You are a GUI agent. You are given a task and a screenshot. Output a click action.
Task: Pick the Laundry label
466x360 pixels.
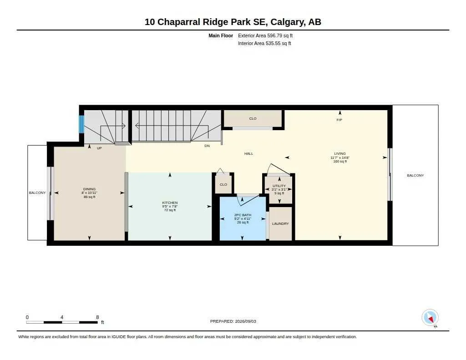pyautogui.click(x=280, y=223)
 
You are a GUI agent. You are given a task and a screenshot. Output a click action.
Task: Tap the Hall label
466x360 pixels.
pyautogui.click(x=249, y=154)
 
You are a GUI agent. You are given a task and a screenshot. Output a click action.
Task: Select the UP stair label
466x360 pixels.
pyautogui.click(x=99, y=148)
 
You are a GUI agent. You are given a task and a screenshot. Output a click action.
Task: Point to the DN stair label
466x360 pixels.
pyautogui.click(x=207, y=146)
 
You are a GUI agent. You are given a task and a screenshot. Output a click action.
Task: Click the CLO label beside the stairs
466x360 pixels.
pyautogui.click(x=253, y=118)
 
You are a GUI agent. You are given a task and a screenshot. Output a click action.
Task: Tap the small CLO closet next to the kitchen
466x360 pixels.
pyautogui.click(x=223, y=184)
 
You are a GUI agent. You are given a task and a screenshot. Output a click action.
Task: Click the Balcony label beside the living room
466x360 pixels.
pyautogui.click(x=415, y=175)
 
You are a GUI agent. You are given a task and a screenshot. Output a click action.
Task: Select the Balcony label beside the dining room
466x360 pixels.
pyautogui.click(x=37, y=193)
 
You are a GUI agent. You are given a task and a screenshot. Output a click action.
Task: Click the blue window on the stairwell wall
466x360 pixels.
pyautogui.click(x=81, y=124)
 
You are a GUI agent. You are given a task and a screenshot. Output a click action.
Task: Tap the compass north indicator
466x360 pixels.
pyautogui.click(x=430, y=318)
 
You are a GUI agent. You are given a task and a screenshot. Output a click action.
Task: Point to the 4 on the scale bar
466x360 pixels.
pyautogui.click(x=62, y=317)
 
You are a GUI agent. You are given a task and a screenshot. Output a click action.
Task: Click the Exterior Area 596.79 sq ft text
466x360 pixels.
pyautogui.click(x=265, y=35)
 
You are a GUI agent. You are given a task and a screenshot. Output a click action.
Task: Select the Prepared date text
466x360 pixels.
pyautogui.click(x=233, y=321)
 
